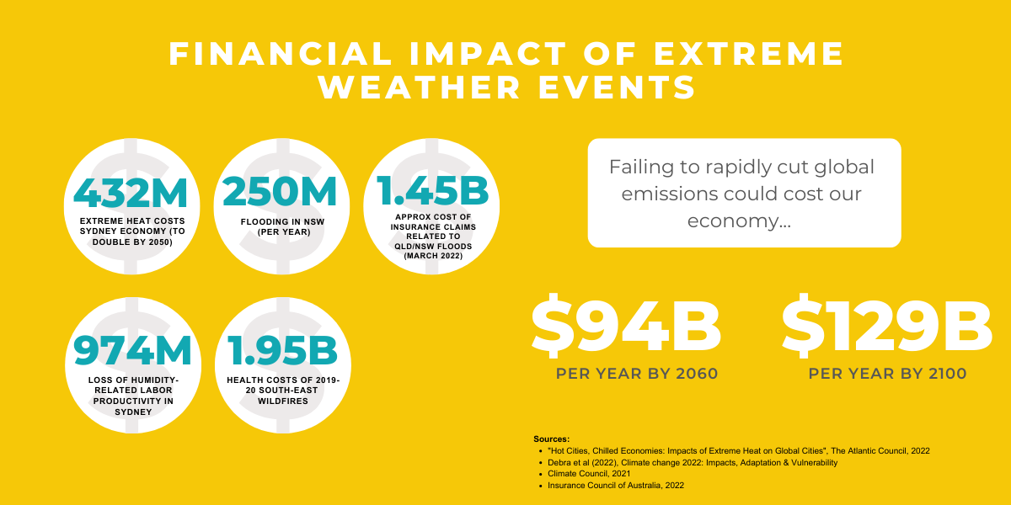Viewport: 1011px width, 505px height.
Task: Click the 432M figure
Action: click(131, 193)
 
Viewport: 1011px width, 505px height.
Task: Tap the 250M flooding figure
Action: click(280, 192)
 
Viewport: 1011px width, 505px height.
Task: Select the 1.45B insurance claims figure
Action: click(432, 190)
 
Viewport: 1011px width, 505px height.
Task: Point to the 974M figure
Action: click(133, 350)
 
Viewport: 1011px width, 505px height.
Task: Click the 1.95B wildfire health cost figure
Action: click(282, 350)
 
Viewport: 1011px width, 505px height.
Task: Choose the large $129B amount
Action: click(886, 326)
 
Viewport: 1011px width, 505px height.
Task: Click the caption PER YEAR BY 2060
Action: click(637, 374)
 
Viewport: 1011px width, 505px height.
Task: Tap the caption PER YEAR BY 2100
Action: click(887, 374)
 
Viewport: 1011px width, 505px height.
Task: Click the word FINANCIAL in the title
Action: click(281, 54)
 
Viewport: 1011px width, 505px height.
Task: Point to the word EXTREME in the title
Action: click(749, 54)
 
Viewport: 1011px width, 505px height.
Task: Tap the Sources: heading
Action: click(551, 439)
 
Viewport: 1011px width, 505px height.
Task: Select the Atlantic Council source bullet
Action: click(738, 451)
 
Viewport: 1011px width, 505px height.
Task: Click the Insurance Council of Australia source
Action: click(616, 486)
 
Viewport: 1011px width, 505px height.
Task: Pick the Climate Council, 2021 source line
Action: click(589, 474)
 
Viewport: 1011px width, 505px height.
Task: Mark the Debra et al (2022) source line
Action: click(693, 463)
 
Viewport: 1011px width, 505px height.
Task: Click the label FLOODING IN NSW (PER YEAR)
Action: click(283, 226)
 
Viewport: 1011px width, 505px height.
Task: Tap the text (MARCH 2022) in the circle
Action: click(433, 256)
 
